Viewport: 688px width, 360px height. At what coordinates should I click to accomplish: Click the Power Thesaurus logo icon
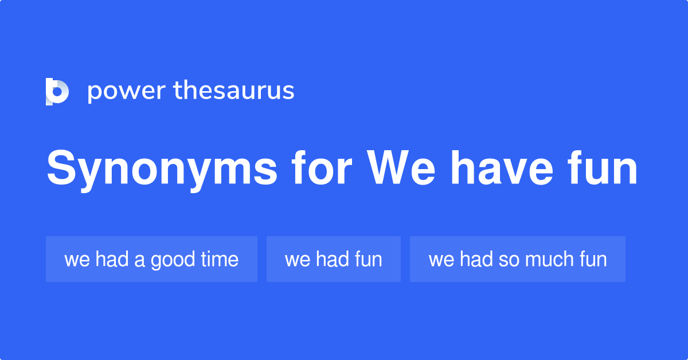(x=57, y=91)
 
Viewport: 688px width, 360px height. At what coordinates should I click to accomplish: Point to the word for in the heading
(x=320, y=169)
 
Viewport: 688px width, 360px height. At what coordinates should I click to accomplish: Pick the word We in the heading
(x=401, y=169)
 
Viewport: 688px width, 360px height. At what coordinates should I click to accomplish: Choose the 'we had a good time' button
(x=151, y=259)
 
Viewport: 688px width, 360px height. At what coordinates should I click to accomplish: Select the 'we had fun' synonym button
(x=333, y=259)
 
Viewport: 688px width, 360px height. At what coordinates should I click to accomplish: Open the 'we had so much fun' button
(x=517, y=259)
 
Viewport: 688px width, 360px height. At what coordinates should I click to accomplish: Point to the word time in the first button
(x=220, y=259)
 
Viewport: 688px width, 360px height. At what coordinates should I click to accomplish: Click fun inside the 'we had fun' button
(x=368, y=260)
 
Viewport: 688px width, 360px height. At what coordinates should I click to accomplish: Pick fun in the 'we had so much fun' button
(x=592, y=260)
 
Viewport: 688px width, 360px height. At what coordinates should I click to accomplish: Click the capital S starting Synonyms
(x=61, y=169)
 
